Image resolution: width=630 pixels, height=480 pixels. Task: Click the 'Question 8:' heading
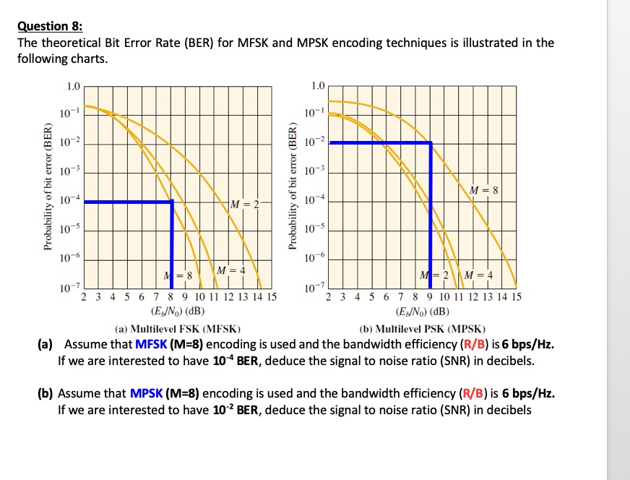coord(51,27)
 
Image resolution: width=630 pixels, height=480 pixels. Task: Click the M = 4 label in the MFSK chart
coord(230,270)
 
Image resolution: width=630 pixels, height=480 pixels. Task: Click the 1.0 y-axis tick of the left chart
coord(73,87)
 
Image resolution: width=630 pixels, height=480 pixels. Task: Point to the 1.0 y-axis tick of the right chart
coord(318,87)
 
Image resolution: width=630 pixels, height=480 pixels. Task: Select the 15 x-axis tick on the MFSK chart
coord(270,297)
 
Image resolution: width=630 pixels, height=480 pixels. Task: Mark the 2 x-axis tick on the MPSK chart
coord(330,297)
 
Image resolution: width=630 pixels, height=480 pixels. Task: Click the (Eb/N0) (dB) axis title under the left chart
coord(177,312)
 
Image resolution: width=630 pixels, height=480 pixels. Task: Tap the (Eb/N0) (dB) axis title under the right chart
coord(423,312)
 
